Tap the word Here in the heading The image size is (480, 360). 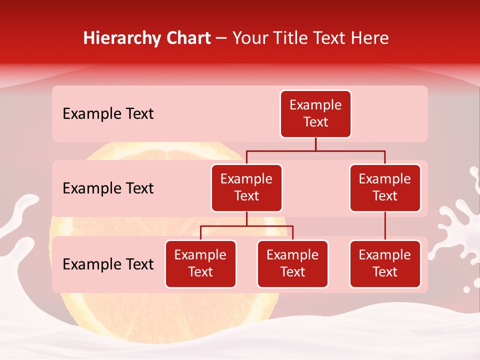[370, 38]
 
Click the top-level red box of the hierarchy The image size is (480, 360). [315, 114]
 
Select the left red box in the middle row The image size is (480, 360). [246, 188]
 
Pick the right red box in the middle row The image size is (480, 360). [385, 188]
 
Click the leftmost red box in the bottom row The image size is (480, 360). [200, 264]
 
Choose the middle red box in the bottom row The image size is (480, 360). [292, 264]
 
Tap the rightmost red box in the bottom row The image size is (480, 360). [385, 264]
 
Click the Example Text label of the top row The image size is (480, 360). [108, 114]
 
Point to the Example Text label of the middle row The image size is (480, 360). [108, 188]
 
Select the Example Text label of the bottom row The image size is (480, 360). [108, 264]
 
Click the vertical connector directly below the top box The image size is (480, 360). [315, 144]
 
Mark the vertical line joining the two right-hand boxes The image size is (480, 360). [385, 226]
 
